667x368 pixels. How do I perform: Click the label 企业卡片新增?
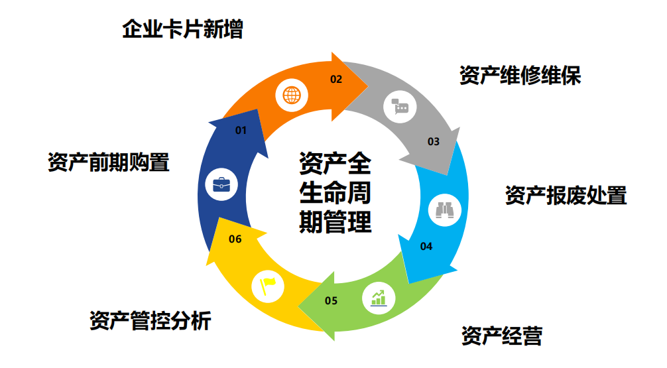point(182,30)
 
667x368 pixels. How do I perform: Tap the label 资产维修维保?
point(520,76)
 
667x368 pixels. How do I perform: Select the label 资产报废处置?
point(566,196)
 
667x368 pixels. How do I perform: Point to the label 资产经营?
point(502,336)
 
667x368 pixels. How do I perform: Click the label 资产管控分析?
point(151,321)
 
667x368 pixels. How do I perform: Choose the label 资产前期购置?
point(108,162)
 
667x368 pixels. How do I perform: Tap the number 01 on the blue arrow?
point(241,131)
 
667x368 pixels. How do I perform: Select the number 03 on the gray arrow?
point(433,141)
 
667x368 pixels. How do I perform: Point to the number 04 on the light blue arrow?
point(426,247)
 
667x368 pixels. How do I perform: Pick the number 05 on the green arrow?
point(332,301)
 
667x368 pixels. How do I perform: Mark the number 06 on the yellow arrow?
point(235,239)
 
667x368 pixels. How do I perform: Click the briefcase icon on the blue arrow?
point(221,184)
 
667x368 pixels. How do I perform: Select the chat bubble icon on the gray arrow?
point(400,105)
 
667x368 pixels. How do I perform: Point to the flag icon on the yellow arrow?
point(268,286)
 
